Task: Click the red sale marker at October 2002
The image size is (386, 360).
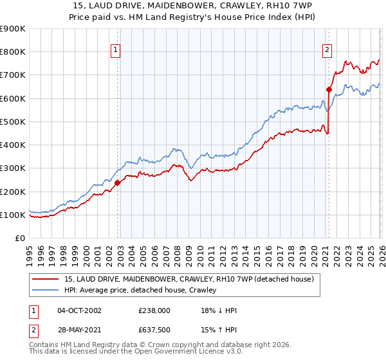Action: point(118,183)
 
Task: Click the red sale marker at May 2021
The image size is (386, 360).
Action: point(329,89)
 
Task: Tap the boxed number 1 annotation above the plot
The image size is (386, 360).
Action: point(115,50)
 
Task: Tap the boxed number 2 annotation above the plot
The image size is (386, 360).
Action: point(327,50)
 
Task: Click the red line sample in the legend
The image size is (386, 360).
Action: point(46,279)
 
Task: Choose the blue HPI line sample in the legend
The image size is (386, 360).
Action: point(46,290)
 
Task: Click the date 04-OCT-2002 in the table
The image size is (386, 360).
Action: point(79,310)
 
